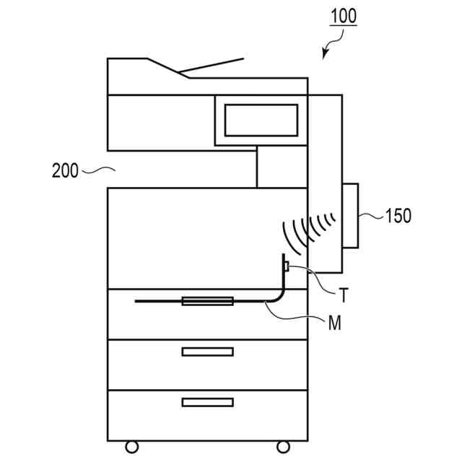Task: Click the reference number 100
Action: [x=344, y=16]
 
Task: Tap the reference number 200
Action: [x=66, y=171]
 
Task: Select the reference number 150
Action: [x=398, y=215]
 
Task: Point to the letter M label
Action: [x=334, y=323]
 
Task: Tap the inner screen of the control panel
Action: [x=261, y=120]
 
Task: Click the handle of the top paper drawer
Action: [x=207, y=300]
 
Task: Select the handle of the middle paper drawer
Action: [x=207, y=352]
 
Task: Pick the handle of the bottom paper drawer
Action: [x=207, y=402]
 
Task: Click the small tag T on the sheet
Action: [x=287, y=268]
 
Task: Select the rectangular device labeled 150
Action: [x=349, y=215]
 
